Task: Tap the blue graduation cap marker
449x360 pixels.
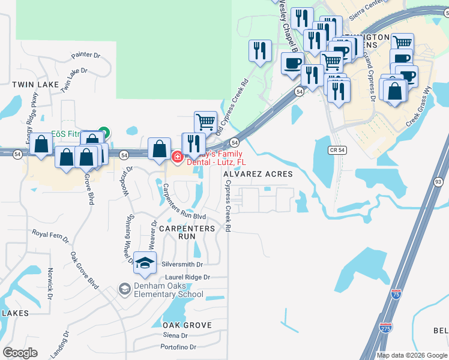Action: click(145, 263)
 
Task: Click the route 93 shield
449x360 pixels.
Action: click(439, 182)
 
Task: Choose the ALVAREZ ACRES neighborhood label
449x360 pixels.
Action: click(258, 174)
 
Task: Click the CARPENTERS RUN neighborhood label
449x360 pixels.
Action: click(187, 232)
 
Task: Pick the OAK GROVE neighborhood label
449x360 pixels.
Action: click(187, 325)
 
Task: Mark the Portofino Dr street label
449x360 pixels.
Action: click(178, 347)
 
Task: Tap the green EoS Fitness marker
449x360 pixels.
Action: click(104, 132)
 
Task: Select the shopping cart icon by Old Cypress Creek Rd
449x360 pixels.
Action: click(205, 122)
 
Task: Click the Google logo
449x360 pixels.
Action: click(20, 353)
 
